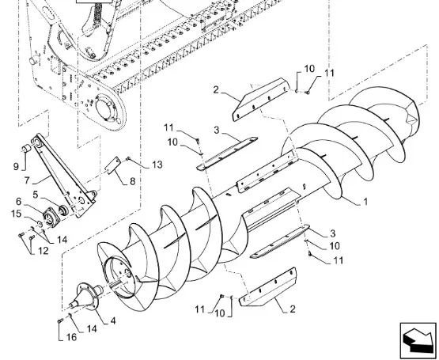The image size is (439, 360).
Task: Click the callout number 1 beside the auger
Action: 365,202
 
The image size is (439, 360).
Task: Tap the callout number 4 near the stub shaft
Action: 113,320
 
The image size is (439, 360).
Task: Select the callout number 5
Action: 36,195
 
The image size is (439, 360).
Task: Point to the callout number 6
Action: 18,201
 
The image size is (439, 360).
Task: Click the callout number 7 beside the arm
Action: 27,180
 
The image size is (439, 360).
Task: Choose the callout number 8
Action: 132,181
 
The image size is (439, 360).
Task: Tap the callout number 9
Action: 16,166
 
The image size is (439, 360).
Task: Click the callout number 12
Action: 44,251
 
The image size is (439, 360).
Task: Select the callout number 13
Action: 157,165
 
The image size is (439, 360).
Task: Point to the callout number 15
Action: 17,214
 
